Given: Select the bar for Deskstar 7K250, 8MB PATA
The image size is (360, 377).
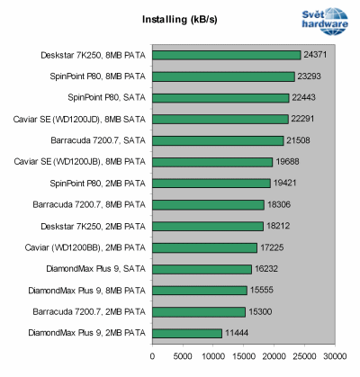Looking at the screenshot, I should (x=225, y=55).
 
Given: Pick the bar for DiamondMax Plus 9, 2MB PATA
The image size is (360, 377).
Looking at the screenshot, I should (x=185, y=333).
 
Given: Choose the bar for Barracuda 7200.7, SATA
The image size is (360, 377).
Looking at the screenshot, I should (x=216, y=140).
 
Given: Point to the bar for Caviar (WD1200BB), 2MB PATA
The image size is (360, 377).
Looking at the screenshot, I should (x=202, y=247).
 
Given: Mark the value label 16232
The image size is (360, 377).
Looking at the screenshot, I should (x=268, y=269).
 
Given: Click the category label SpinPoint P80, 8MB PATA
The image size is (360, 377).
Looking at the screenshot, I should (x=94, y=76).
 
